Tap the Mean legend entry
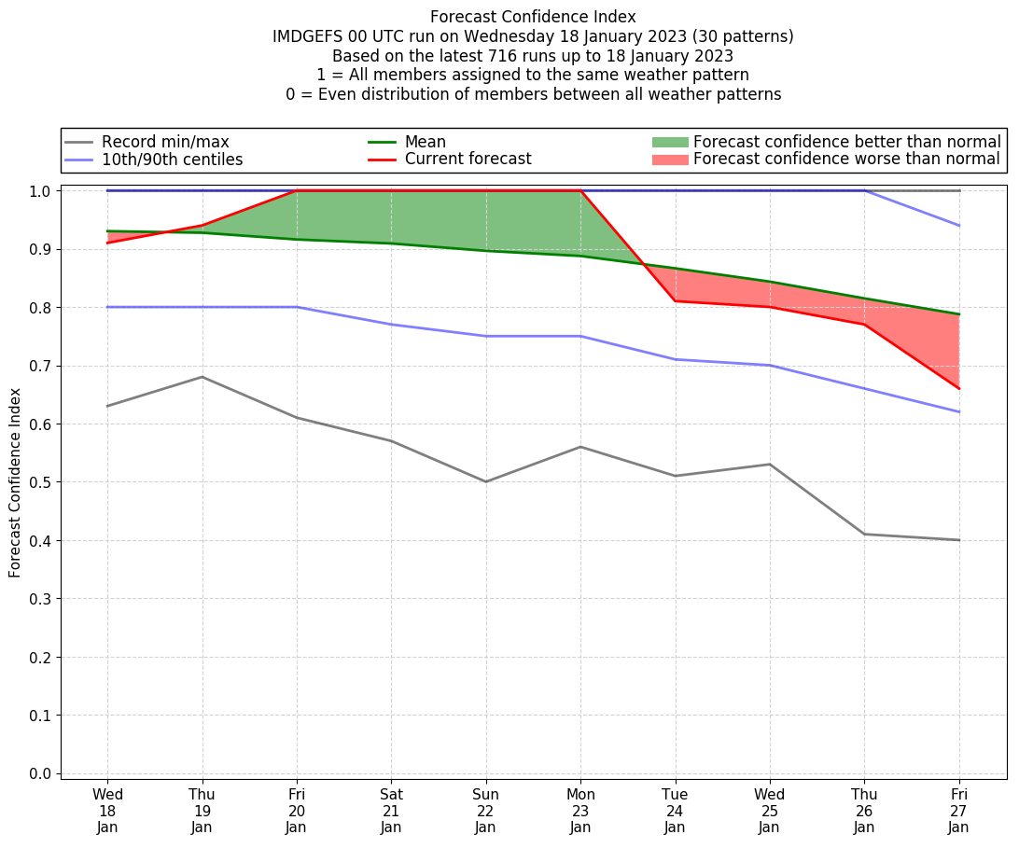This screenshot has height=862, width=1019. pos(425,142)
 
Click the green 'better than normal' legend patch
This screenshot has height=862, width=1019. pos(669,142)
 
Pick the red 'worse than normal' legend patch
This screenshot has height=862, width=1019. pos(669,160)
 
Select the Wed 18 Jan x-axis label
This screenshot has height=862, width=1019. pos(107,811)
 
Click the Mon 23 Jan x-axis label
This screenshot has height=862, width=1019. pos(580,811)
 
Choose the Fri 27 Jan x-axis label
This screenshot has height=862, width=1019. pos(959,811)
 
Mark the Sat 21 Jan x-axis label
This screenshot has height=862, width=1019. pos(391,811)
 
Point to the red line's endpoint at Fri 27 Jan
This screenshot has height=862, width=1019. pos(959,388)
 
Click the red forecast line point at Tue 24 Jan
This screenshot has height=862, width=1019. pos(675,301)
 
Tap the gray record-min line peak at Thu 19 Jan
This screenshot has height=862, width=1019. pos(202,377)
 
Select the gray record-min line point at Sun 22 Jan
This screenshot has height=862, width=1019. pos(486,481)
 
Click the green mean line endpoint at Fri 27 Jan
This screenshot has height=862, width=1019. pos(959,314)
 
